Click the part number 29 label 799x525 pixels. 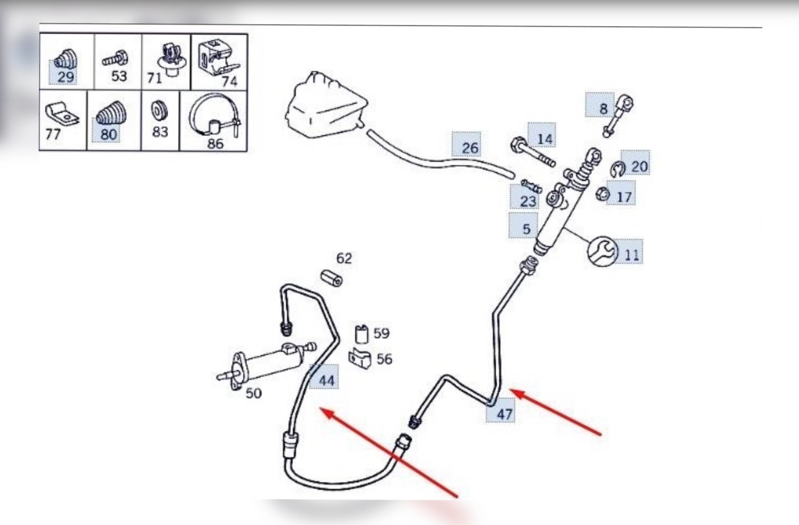[65, 77]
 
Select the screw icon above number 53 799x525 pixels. [115, 59]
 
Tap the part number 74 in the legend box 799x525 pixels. [229, 81]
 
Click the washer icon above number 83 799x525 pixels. [159, 111]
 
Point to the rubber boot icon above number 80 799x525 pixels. [110, 113]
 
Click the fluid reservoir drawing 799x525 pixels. [325, 105]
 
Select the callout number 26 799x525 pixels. [470, 148]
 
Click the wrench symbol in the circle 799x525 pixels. [603, 251]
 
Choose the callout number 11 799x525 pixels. [631, 254]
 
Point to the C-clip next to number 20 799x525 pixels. [618, 168]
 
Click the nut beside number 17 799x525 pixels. [602, 194]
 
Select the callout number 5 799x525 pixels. [526, 229]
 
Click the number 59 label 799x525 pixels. [381, 333]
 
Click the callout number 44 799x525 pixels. [326, 380]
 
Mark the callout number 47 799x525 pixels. [504, 414]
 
